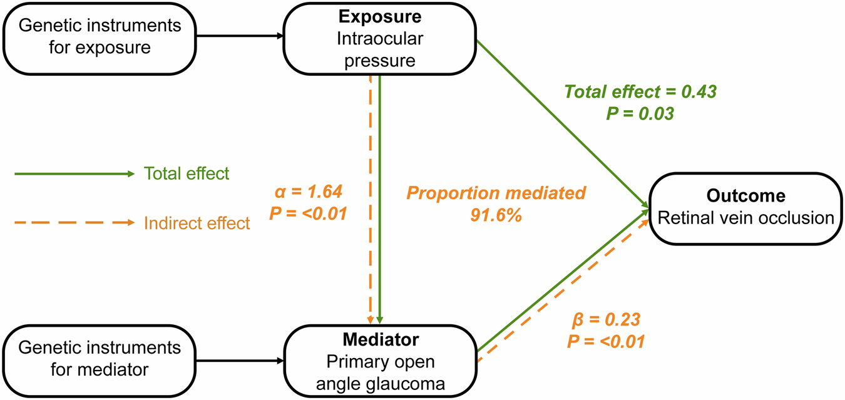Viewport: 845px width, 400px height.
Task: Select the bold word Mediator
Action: pos(380,340)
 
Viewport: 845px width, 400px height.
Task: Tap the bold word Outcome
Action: pos(745,196)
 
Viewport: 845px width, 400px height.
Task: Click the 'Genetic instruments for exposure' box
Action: pos(100,37)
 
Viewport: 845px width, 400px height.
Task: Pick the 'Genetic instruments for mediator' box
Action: pos(100,358)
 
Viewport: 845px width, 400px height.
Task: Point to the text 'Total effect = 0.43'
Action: pos(640,92)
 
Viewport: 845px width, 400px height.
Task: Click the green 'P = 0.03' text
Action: pos(640,114)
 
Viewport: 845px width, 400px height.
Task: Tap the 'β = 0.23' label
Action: pos(605,321)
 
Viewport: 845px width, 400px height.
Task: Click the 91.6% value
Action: pos(496,215)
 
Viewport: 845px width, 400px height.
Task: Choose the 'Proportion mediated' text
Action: pos(496,193)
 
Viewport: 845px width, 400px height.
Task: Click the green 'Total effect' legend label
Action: pos(186,173)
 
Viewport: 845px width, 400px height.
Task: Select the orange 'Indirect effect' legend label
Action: pos(197,223)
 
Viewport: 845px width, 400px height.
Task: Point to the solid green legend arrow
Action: pos(74,173)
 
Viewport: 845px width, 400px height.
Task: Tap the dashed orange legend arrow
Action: pos(74,222)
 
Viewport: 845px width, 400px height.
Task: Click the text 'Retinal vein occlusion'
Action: pos(745,218)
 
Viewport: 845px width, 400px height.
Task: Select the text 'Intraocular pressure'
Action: pos(380,49)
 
